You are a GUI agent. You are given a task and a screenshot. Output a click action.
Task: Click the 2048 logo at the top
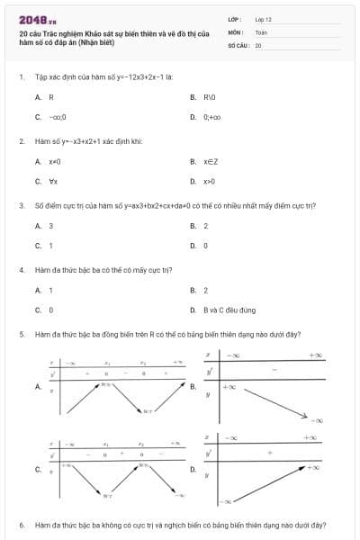pos(37,18)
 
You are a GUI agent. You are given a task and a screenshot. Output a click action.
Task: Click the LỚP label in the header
pos(235,18)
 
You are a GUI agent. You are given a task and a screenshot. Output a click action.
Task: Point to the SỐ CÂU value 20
pos(258,44)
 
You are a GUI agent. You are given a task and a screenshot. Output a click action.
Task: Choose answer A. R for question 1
pos(44,96)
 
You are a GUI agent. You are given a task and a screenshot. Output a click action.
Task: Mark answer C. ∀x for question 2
pos(47,181)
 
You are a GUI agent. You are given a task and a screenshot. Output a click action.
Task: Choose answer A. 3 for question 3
pos(44,226)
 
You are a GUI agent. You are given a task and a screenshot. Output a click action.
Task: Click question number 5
pos(21,334)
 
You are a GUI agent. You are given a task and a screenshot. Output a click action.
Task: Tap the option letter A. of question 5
pos(38,387)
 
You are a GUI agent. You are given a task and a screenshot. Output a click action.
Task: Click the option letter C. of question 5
pos(38,469)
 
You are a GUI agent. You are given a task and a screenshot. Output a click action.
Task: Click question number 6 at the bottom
pos(21,524)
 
